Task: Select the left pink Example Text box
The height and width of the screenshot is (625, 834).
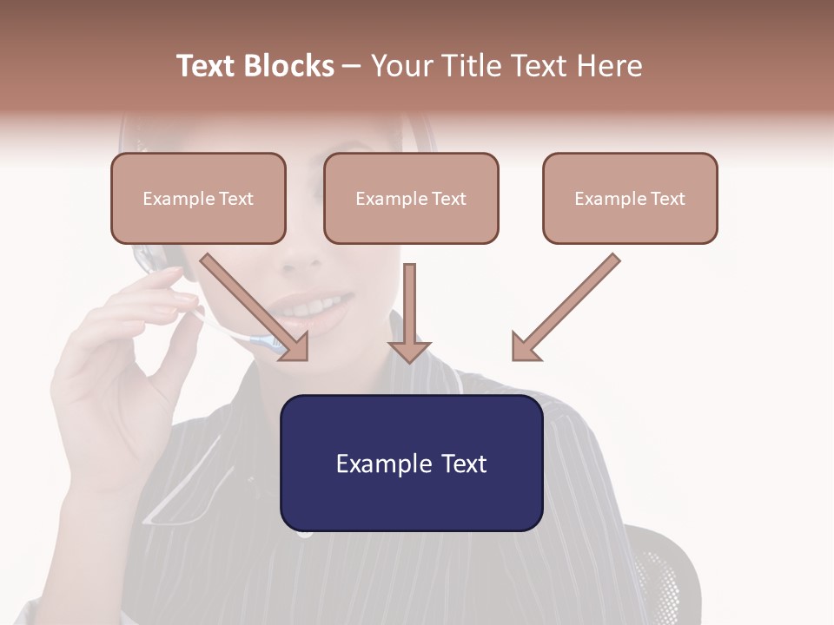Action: tap(198, 199)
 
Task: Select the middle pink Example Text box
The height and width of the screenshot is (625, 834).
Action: tap(411, 199)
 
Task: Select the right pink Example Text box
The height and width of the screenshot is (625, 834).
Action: tap(630, 199)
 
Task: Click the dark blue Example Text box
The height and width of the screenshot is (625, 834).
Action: tap(411, 464)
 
